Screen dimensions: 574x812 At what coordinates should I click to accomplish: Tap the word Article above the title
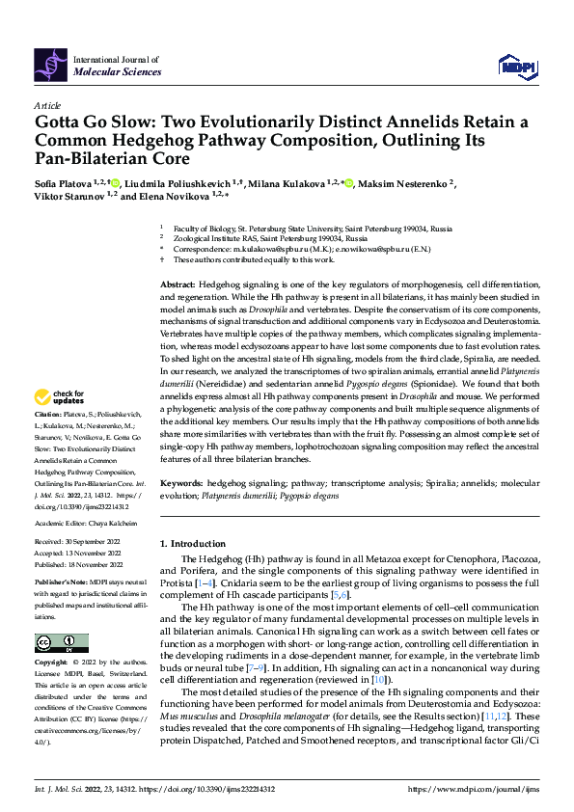48,105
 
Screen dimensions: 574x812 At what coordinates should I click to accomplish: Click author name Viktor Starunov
72,197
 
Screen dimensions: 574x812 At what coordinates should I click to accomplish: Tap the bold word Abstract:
177,287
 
